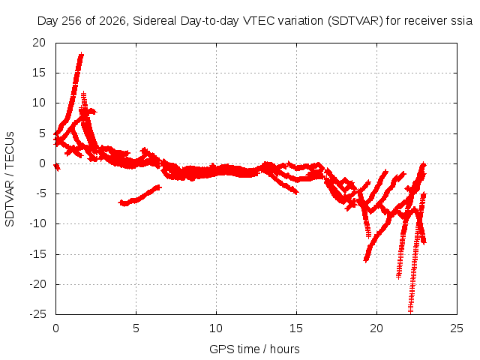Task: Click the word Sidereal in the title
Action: click(154, 21)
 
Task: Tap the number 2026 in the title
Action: click(112, 21)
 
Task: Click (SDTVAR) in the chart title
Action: click(355, 21)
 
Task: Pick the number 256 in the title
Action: click(72, 21)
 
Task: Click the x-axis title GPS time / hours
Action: click(254, 349)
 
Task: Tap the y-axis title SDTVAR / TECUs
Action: click(10, 179)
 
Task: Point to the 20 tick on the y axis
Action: click(39, 43)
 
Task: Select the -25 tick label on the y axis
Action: click(37, 314)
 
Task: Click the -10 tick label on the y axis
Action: click(37, 223)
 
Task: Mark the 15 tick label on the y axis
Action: click(39, 73)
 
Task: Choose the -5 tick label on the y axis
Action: click(38, 193)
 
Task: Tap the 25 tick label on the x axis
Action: click(457, 328)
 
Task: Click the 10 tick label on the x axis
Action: click(216, 328)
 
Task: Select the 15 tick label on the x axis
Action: click(296, 328)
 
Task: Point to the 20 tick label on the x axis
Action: click(376, 328)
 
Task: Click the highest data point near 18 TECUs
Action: click(81, 55)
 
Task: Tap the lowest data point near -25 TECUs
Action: click(410, 311)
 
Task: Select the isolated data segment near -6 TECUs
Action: click(139, 196)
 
